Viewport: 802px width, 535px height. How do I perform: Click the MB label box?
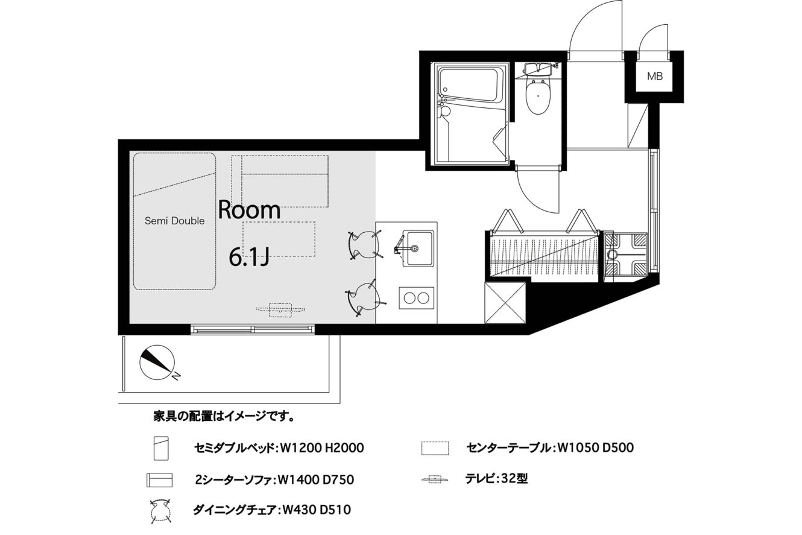pos(655,76)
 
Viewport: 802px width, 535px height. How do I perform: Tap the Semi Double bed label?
pos(174,221)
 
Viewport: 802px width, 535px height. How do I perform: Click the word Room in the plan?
pos(249,210)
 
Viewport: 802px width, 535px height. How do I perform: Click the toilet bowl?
pos(538,97)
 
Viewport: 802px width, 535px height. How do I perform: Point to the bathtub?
pos(469,85)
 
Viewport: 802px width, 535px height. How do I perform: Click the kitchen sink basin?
pos(418,248)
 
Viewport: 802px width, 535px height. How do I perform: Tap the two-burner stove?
pos(417,298)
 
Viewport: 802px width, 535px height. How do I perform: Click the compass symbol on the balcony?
pos(157,362)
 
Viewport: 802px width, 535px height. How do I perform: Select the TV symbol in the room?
pos(280,310)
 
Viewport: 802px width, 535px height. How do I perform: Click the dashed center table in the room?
pos(279,239)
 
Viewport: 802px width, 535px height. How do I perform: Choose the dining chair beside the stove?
pos(364,299)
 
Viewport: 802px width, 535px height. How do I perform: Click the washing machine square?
pos(625,256)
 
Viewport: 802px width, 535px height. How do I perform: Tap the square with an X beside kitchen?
pos(505,303)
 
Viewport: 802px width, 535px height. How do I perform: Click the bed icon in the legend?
pos(161,448)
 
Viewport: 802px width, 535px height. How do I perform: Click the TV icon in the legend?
pos(435,478)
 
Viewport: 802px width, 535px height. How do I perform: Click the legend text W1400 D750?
pos(316,480)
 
